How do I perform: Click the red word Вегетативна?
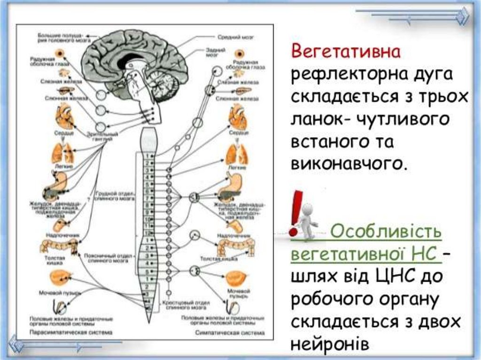(x=346, y=51)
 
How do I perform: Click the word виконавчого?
(x=348, y=163)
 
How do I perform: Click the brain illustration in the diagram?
(x=134, y=66)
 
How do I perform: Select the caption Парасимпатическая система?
(x=70, y=332)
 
